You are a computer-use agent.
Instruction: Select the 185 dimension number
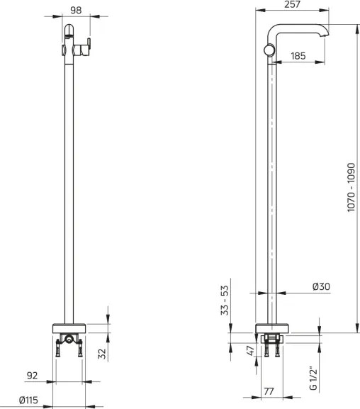(297, 55)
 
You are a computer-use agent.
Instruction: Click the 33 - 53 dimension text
(225, 301)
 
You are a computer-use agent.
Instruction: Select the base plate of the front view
(70, 328)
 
